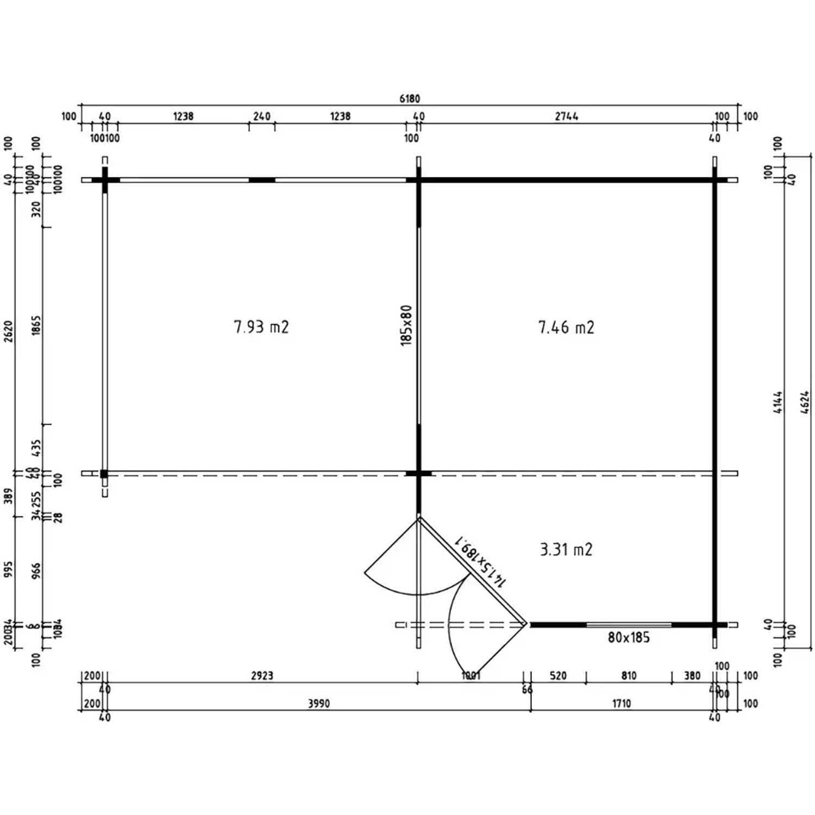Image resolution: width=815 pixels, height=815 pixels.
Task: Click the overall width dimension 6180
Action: click(x=410, y=98)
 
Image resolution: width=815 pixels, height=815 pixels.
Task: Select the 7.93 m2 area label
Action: click(x=261, y=327)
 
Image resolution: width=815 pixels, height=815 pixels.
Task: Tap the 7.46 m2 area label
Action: click(x=566, y=327)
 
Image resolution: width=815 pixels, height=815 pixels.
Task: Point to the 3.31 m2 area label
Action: click(x=566, y=549)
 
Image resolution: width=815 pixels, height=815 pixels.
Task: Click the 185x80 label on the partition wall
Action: click(x=406, y=325)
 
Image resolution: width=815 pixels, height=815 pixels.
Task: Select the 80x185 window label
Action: click(x=629, y=637)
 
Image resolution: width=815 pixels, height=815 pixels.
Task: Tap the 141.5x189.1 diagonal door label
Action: click(x=481, y=562)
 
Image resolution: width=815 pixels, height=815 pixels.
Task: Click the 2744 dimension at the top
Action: click(x=567, y=116)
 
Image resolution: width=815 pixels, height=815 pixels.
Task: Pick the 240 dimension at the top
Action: click(x=262, y=116)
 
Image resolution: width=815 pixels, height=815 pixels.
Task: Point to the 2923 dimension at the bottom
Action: click(x=262, y=675)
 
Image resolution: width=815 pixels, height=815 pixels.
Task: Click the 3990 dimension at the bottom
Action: click(x=319, y=704)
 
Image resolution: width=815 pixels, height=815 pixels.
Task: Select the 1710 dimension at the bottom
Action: click(x=622, y=704)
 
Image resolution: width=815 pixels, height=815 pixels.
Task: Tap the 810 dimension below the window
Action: click(x=629, y=675)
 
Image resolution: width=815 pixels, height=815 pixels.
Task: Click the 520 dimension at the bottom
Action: click(x=558, y=675)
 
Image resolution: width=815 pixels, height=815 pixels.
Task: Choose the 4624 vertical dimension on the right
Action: click(x=805, y=402)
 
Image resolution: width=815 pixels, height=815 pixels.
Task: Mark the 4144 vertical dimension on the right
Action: click(x=778, y=402)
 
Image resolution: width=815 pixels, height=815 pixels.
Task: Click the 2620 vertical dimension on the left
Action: click(x=9, y=331)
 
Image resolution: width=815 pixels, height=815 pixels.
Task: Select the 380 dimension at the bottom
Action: click(x=692, y=675)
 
